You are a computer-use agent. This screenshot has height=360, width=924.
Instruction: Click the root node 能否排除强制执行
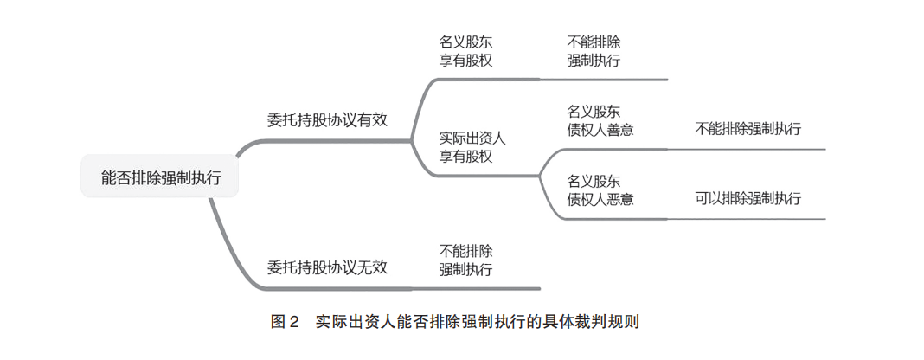[x=160, y=177]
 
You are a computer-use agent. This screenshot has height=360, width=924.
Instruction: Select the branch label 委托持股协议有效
[x=327, y=120]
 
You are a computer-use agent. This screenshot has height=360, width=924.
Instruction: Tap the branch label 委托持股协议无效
[x=327, y=267]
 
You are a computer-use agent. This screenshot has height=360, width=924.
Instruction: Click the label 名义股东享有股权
[x=466, y=51]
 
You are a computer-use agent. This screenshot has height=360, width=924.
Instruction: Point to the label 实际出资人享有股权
[x=472, y=147]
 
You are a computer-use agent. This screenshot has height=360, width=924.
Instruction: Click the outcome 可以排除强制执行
[x=748, y=198]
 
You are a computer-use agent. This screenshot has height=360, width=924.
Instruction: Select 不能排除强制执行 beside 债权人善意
[x=748, y=129]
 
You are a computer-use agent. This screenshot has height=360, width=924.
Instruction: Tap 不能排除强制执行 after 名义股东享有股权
[x=594, y=51]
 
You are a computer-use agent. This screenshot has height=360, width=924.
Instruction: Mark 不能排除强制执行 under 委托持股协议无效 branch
[x=466, y=260]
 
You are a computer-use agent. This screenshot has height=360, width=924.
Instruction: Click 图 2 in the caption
[x=285, y=322]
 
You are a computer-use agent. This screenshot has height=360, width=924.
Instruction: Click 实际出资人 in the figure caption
[x=355, y=322]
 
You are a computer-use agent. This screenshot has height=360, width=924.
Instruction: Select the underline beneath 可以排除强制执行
[x=748, y=219]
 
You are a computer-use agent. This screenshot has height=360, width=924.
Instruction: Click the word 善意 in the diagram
[x=620, y=129]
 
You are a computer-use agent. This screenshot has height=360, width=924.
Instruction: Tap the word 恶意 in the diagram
[x=620, y=199]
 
